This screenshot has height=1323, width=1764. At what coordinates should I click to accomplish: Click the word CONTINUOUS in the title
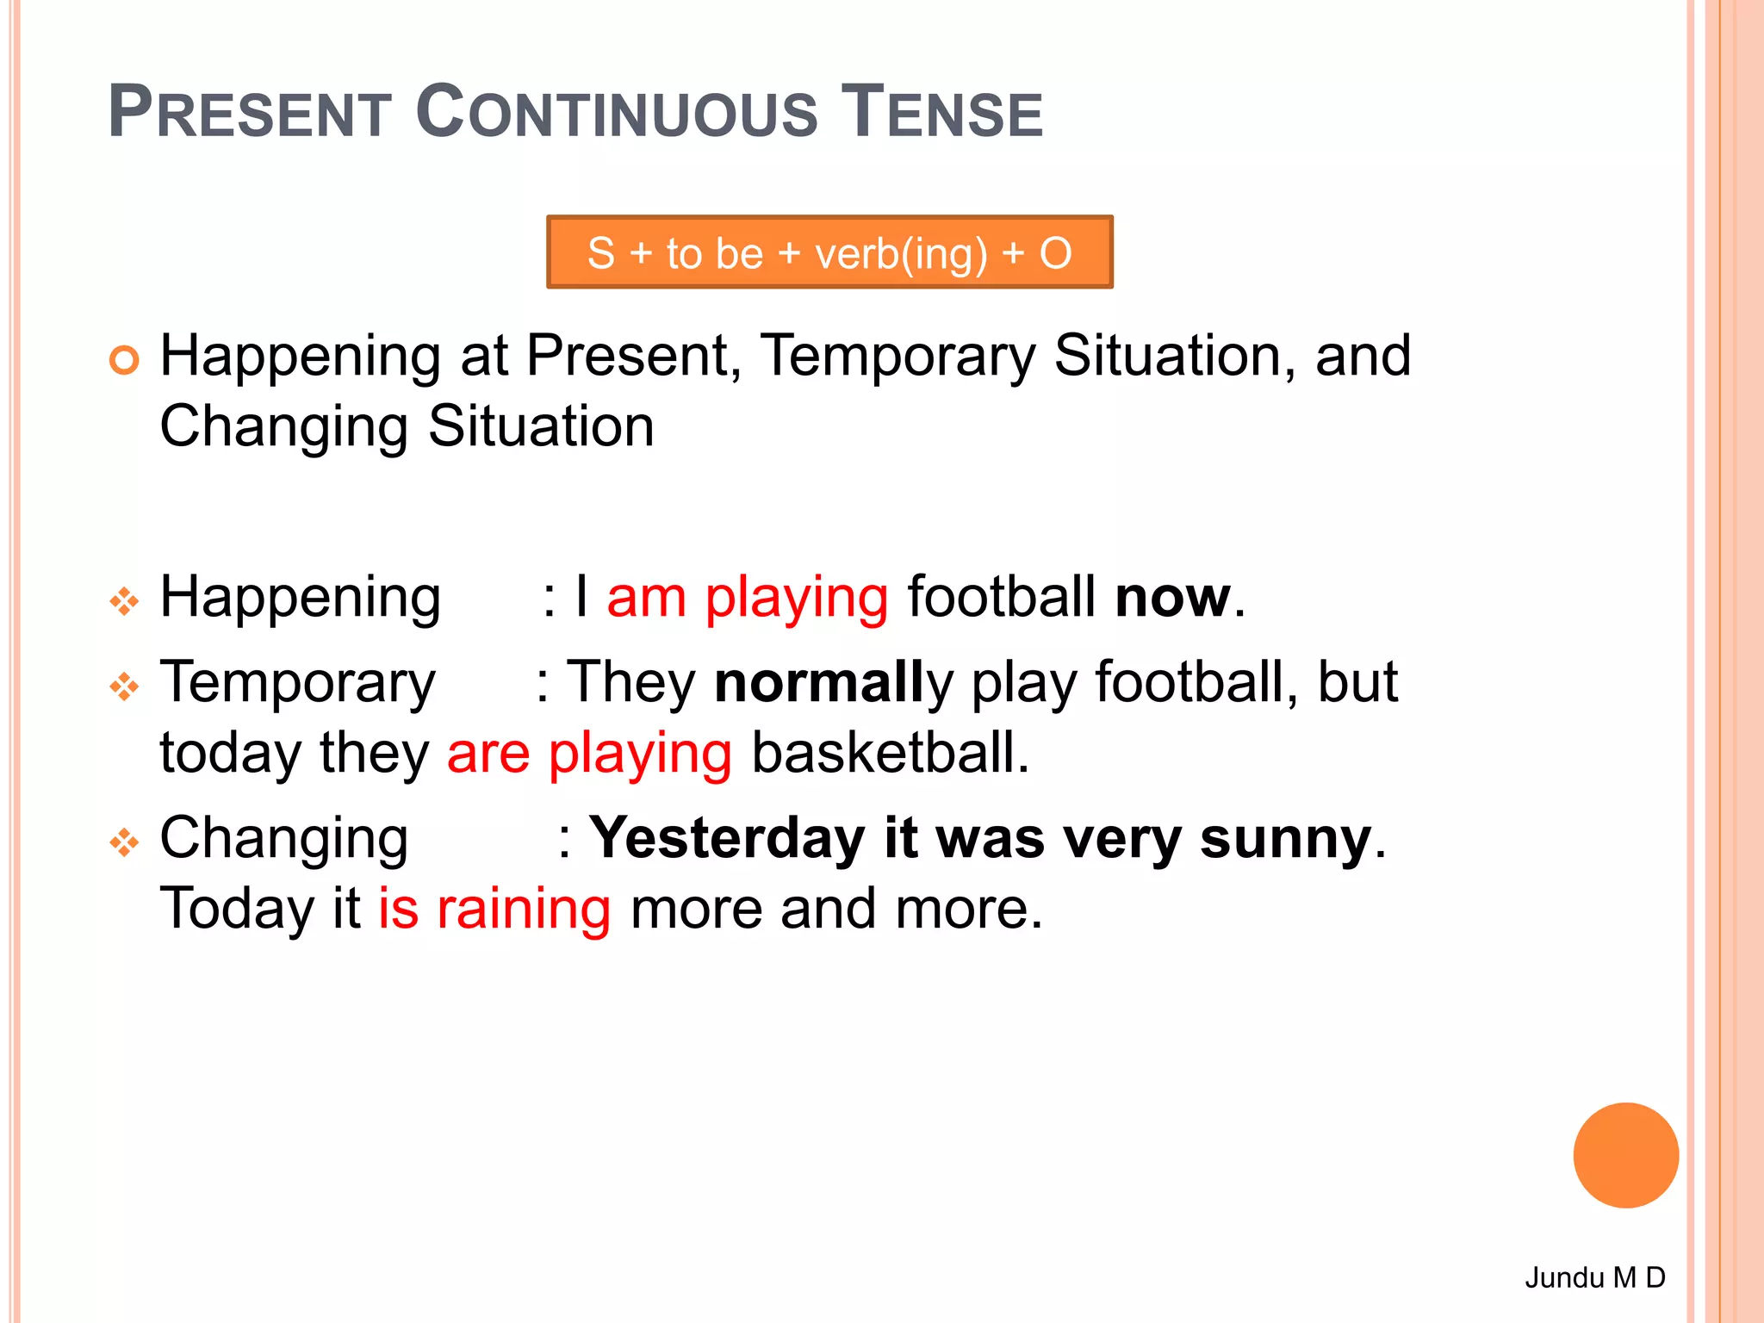coord(616,112)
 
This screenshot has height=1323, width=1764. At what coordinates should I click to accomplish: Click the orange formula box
coord(829,252)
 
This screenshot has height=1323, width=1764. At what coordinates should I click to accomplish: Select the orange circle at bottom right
coord(1625,1155)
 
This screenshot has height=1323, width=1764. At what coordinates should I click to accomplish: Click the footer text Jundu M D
coord(1594,1276)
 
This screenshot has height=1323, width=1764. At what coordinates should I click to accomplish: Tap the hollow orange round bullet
coord(125,359)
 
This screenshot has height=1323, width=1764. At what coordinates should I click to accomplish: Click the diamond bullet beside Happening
coord(124,601)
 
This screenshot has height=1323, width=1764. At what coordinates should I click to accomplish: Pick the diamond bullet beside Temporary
coord(124,686)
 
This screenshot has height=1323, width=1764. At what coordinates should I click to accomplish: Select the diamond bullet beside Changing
coord(124,842)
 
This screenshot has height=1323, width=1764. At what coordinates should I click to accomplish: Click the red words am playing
coord(747,597)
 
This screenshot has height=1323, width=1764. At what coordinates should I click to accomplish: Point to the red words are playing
coord(589,753)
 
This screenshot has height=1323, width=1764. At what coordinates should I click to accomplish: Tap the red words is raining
coord(494,909)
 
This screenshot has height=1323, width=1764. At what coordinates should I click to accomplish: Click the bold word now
coord(1172,597)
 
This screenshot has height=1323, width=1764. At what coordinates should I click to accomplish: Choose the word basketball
coord(889,753)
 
